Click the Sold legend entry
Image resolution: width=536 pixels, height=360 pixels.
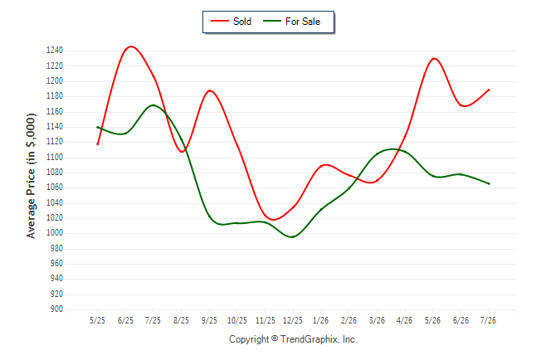(x=231, y=22)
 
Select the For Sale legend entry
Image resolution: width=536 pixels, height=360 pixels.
(x=291, y=22)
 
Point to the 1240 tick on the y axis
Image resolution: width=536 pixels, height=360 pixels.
(x=55, y=51)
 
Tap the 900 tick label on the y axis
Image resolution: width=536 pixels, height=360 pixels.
(x=56, y=309)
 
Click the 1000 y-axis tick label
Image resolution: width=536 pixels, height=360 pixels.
(x=55, y=233)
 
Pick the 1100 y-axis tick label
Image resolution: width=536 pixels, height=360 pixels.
(x=55, y=158)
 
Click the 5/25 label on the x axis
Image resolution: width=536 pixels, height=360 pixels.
(x=97, y=320)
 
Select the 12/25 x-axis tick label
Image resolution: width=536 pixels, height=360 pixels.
(x=293, y=320)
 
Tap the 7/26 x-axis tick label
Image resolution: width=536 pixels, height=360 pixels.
(x=488, y=320)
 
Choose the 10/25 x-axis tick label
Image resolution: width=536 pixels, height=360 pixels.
(x=237, y=320)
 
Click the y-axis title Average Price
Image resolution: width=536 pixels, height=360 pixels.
(x=31, y=176)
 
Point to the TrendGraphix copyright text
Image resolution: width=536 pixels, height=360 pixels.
(x=293, y=339)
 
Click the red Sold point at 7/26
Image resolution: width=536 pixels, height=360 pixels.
(x=489, y=90)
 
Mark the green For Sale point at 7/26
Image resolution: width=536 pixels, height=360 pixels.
(x=489, y=183)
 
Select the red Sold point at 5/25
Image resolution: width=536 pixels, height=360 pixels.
(x=97, y=144)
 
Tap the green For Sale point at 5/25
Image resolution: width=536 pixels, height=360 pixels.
(x=97, y=127)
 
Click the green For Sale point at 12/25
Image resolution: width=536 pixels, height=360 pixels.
(x=293, y=236)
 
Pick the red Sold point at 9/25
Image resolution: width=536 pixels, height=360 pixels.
(x=209, y=91)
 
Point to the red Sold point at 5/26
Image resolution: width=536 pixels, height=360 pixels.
(x=433, y=59)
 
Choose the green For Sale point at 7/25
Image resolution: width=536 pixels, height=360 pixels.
(x=153, y=105)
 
